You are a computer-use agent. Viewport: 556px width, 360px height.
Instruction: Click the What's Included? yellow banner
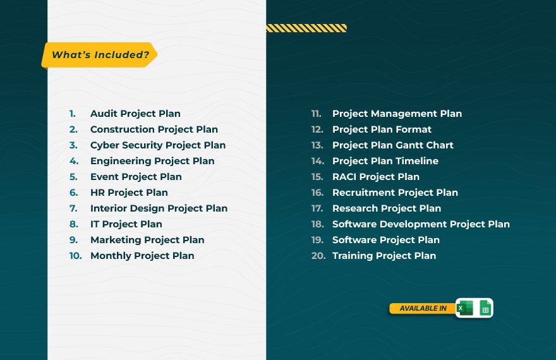click(x=99, y=55)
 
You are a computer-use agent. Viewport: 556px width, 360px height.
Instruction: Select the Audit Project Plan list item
click(x=135, y=114)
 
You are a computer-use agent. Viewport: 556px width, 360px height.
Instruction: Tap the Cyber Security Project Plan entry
click(x=158, y=145)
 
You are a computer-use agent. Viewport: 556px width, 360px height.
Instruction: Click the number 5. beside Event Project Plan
click(x=73, y=177)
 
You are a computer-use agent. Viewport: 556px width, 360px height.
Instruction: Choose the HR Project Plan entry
click(x=129, y=193)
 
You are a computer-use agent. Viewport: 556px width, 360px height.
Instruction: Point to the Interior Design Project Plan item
click(x=159, y=208)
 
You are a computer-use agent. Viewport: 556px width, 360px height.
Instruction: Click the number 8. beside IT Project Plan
click(x=74, y=224)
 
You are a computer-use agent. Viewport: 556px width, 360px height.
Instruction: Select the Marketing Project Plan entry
click(x=147, y=240)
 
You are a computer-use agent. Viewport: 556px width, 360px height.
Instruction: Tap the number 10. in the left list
click(x=76, y=256)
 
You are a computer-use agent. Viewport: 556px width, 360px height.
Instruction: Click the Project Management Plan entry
click(x=397, y=114)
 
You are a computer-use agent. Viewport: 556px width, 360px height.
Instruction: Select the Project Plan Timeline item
click(x=385, y=161)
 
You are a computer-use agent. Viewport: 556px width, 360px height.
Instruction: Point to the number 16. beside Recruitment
click(x=318, y=193)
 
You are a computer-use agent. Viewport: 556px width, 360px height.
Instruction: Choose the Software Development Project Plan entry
click(x=421, y=224)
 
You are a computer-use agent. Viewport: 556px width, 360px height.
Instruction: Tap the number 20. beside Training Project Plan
click(x=318, y=256)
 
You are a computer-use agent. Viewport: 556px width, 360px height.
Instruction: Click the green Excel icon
click(x=465, y=308)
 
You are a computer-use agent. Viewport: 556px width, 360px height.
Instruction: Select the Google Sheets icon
click(x=485, y=308)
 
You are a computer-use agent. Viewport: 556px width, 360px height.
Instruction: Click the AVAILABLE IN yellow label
click(x=423, y=308)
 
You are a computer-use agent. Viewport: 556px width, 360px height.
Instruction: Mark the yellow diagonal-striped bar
click(x=306, y=28)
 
